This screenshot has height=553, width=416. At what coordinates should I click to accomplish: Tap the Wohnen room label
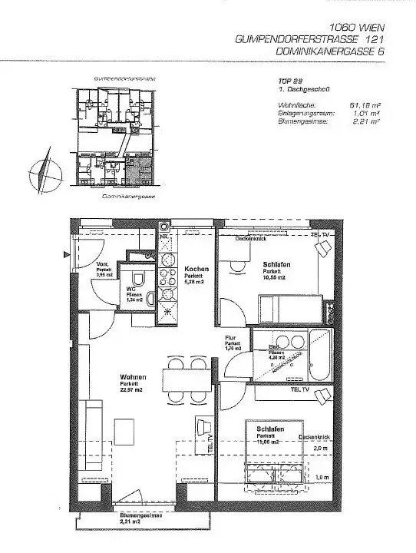(134, 377)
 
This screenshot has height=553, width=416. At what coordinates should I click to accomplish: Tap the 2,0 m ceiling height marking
(321, 448)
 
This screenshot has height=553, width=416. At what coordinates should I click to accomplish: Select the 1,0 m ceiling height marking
(322, 477)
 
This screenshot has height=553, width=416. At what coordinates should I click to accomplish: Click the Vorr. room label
(104, 263)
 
